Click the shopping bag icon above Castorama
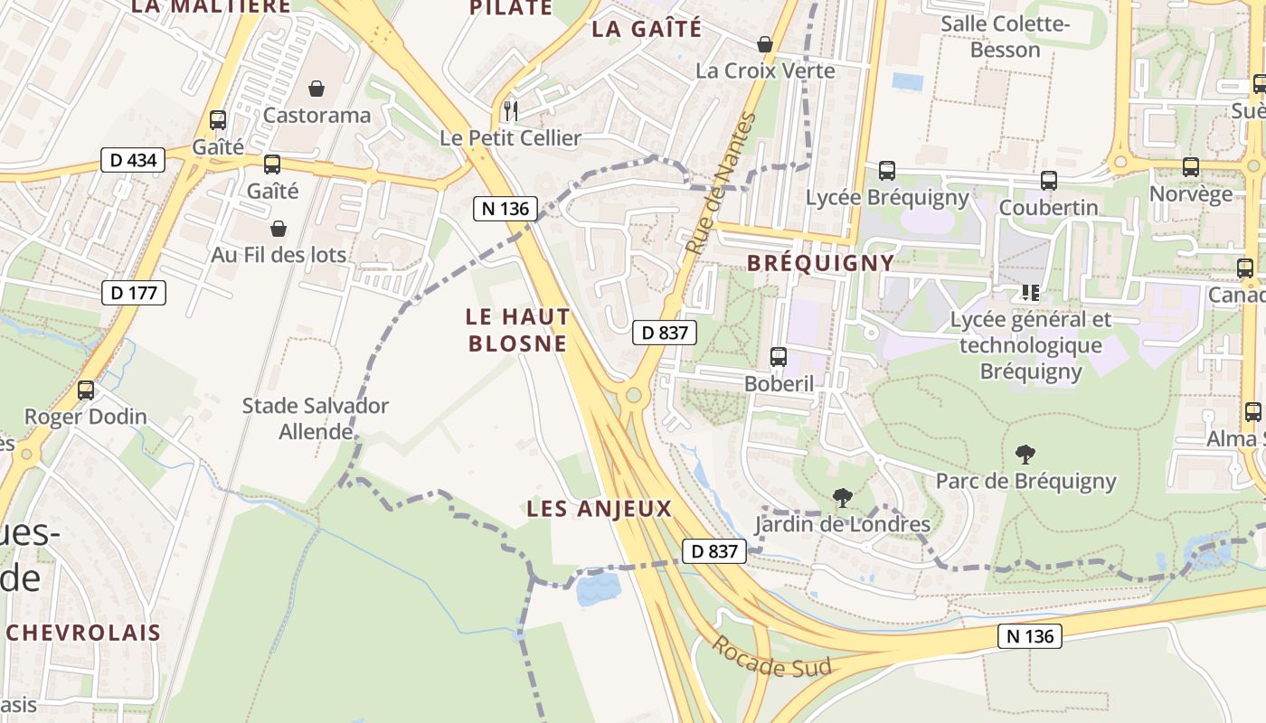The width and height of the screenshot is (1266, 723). tap(316, 89)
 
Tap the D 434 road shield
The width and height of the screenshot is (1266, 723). tap(133, 161)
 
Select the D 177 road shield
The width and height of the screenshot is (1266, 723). tap(133, 293)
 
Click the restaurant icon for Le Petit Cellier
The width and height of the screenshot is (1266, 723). tap(511, 111)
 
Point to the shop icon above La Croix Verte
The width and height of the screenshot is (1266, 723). tap(765, 44)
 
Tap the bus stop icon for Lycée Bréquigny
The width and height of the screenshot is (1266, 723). tap(887, 171)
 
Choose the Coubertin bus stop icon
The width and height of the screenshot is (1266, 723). tap(1048, 181)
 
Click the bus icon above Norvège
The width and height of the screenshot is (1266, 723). tap(1191, 167)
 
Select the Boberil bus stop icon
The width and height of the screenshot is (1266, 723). tap(779, 357)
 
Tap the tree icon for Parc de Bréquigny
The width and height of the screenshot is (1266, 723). tap(1025, 455)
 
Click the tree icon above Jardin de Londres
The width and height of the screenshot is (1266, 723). tap(842, 497)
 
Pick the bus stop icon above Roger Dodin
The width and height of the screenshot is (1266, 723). tap(86, 390)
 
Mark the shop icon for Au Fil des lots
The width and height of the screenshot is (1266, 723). tap(279, 229)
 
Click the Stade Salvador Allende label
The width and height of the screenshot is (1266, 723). tap(315, 418)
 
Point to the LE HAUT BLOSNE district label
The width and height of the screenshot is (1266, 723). tap(517, 330)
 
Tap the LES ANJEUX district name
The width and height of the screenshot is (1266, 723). tap(600, 509)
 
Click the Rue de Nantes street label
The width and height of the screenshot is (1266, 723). tap(719, 183)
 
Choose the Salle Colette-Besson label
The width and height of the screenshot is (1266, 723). tap(1005, 36)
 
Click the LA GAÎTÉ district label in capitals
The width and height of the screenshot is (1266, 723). tap(646, 29)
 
